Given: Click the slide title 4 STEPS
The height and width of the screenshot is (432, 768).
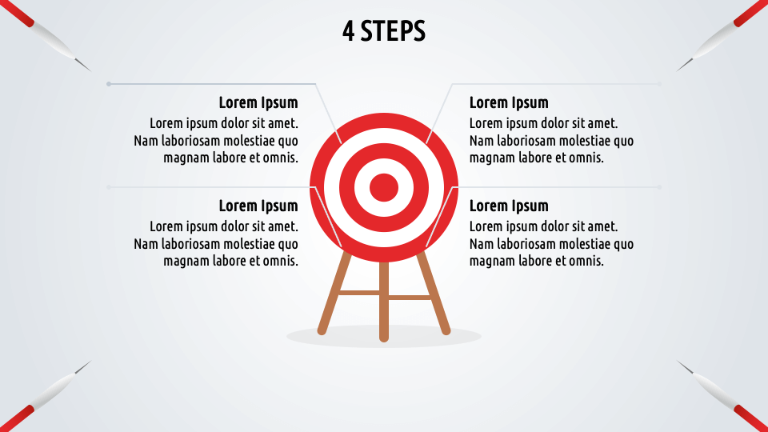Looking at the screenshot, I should pos(383,30).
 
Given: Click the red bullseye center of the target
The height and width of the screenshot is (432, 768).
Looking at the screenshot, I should pos(383,188).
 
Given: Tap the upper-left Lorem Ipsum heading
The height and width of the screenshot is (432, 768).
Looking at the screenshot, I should pos(258,102).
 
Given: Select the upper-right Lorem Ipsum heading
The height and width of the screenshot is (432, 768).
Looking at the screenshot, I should pos(509,102).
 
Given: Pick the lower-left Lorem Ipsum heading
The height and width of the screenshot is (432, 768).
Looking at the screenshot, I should pos(258,206).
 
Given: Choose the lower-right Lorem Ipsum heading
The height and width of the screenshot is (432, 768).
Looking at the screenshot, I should pos(509,206).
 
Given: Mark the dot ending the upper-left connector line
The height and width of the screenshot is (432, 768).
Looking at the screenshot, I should pos(109,83).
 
